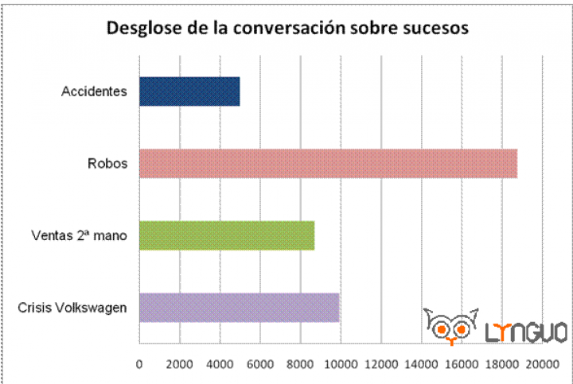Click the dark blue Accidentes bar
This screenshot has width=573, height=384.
coord(189,91)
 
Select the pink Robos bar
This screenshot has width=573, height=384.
coord(328,163)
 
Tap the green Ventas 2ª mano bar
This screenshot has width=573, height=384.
coord(227,235)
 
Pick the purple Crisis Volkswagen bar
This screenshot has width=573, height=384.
coord(239,307)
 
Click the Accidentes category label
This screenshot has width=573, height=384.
coord(94,91)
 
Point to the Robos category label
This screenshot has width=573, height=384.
coord(107,164)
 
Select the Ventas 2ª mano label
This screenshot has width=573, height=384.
coord(79,235)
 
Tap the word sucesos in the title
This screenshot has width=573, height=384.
coord(433,29)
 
